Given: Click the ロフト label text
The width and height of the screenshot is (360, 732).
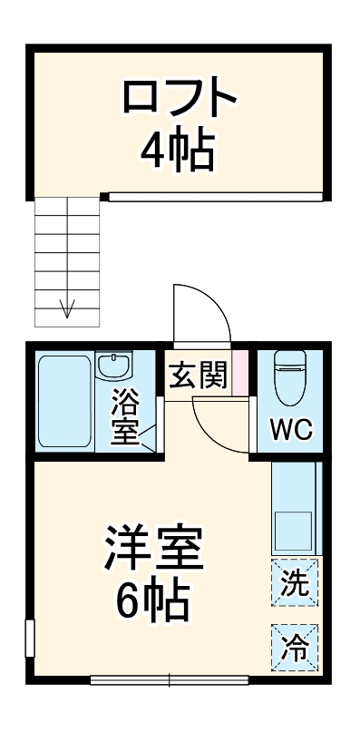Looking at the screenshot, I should [180, 98].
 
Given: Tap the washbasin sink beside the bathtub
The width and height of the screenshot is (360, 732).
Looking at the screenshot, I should [114, 367].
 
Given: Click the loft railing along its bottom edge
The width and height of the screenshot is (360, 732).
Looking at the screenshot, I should [215, 196].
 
